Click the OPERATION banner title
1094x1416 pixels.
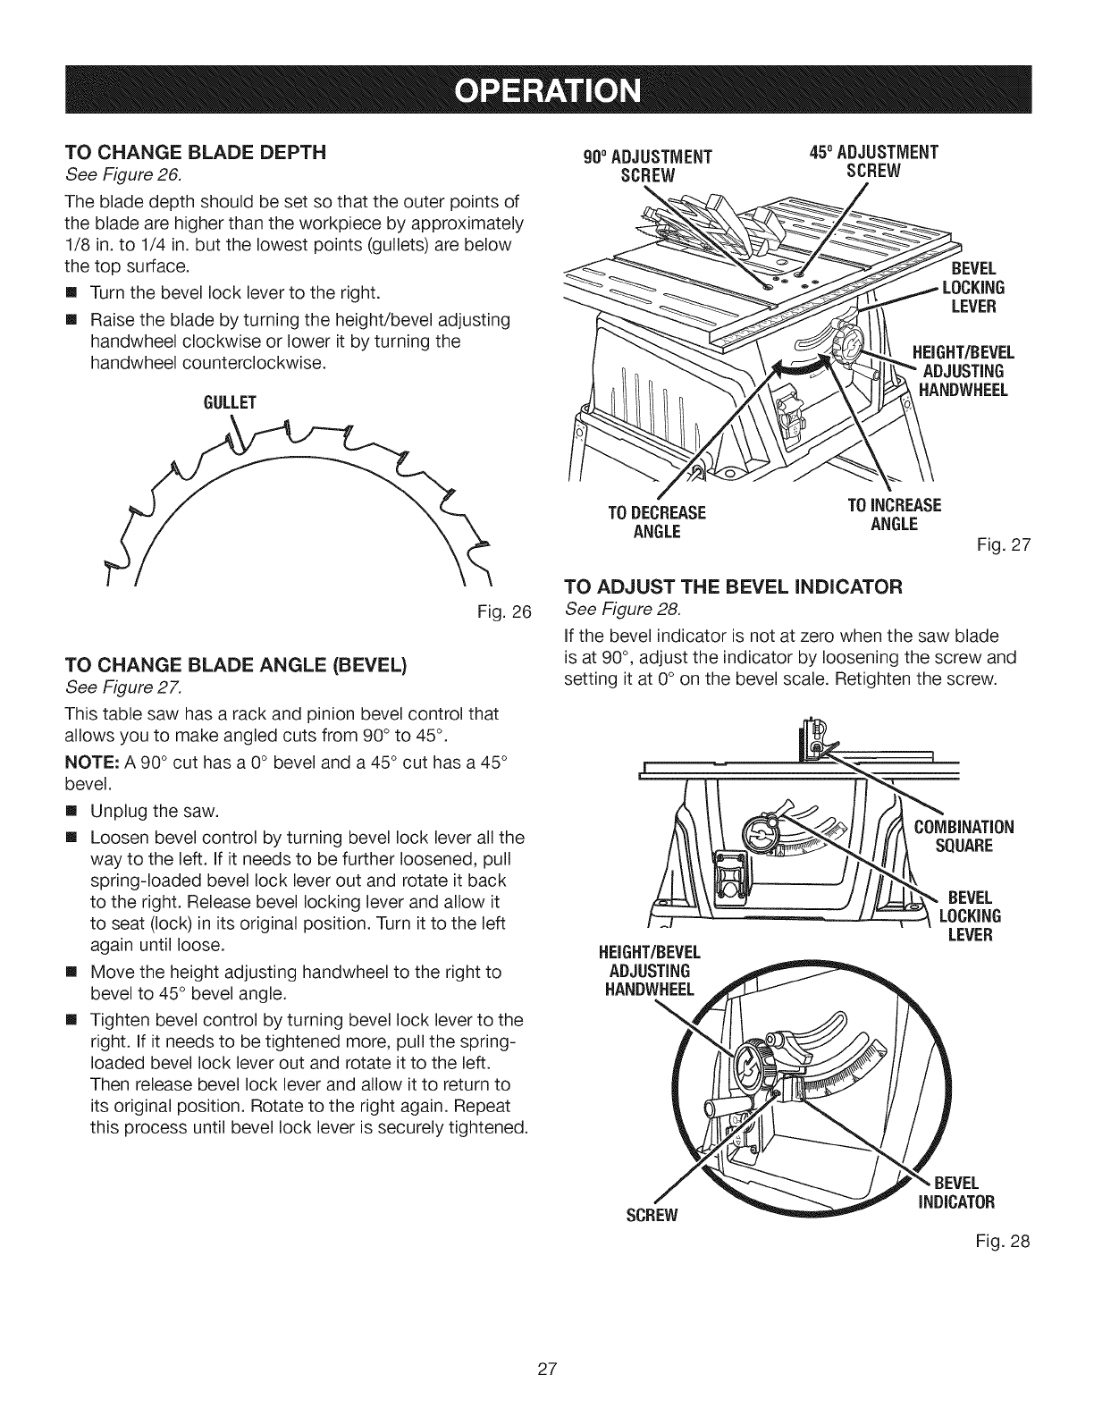click(x=547, y=90)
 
